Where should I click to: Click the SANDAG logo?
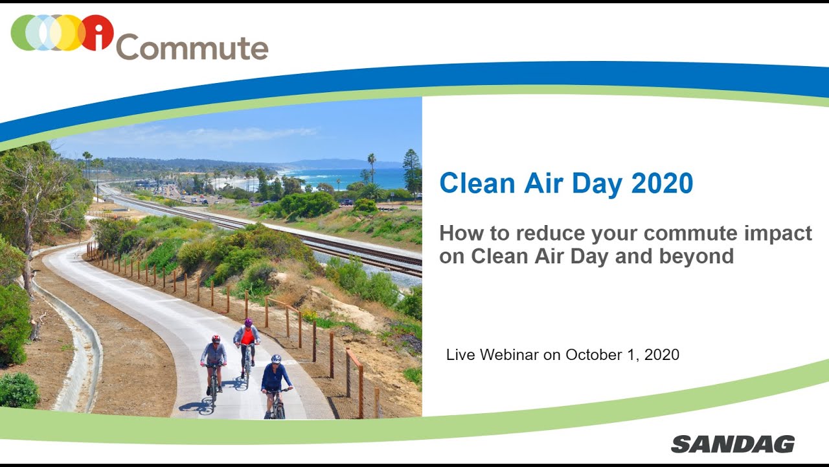tap(732, 444)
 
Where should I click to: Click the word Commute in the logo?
tap(192, 47)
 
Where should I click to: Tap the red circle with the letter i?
tap(97, 32)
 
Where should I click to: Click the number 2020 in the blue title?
tap(662, 184)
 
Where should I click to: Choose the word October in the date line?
tap(591, 355)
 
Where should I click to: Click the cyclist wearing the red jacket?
tap(247, 344)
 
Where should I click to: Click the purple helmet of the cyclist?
tap(247, 322)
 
